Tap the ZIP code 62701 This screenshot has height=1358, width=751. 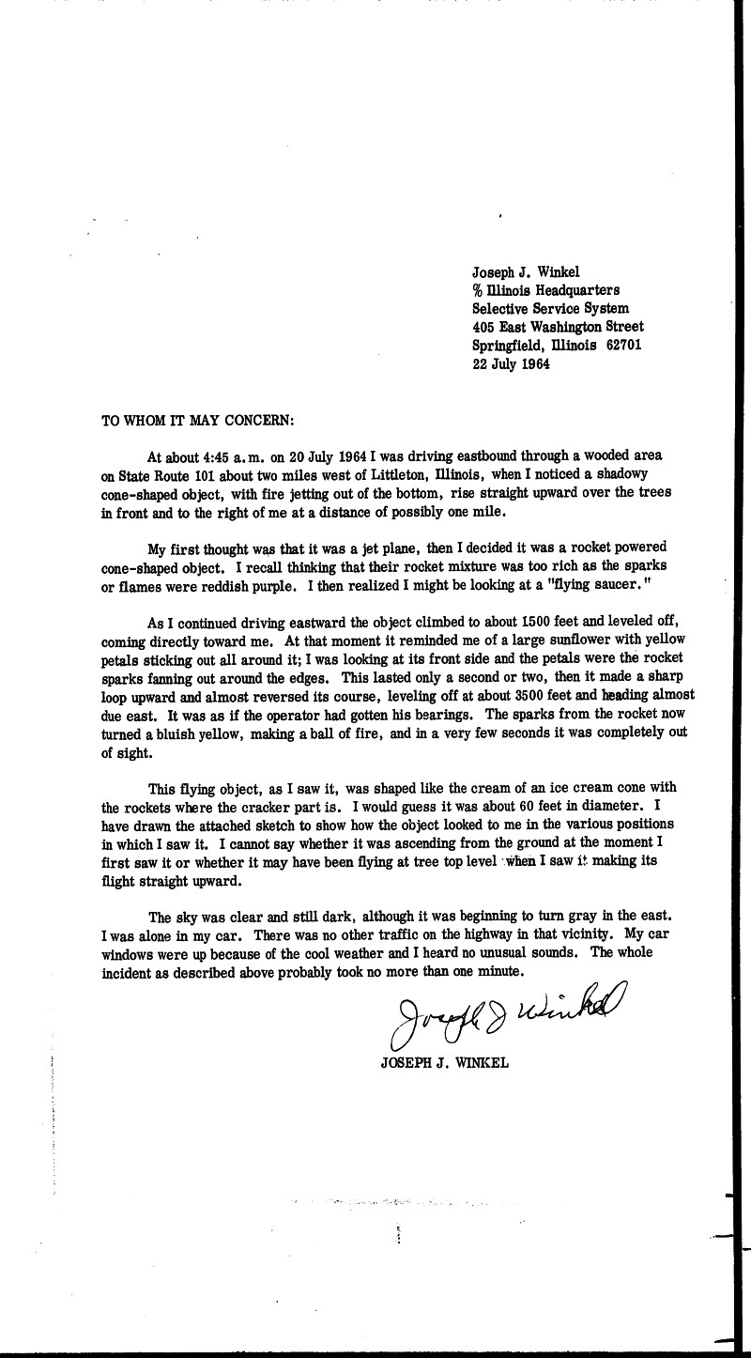tap(626, 346)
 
